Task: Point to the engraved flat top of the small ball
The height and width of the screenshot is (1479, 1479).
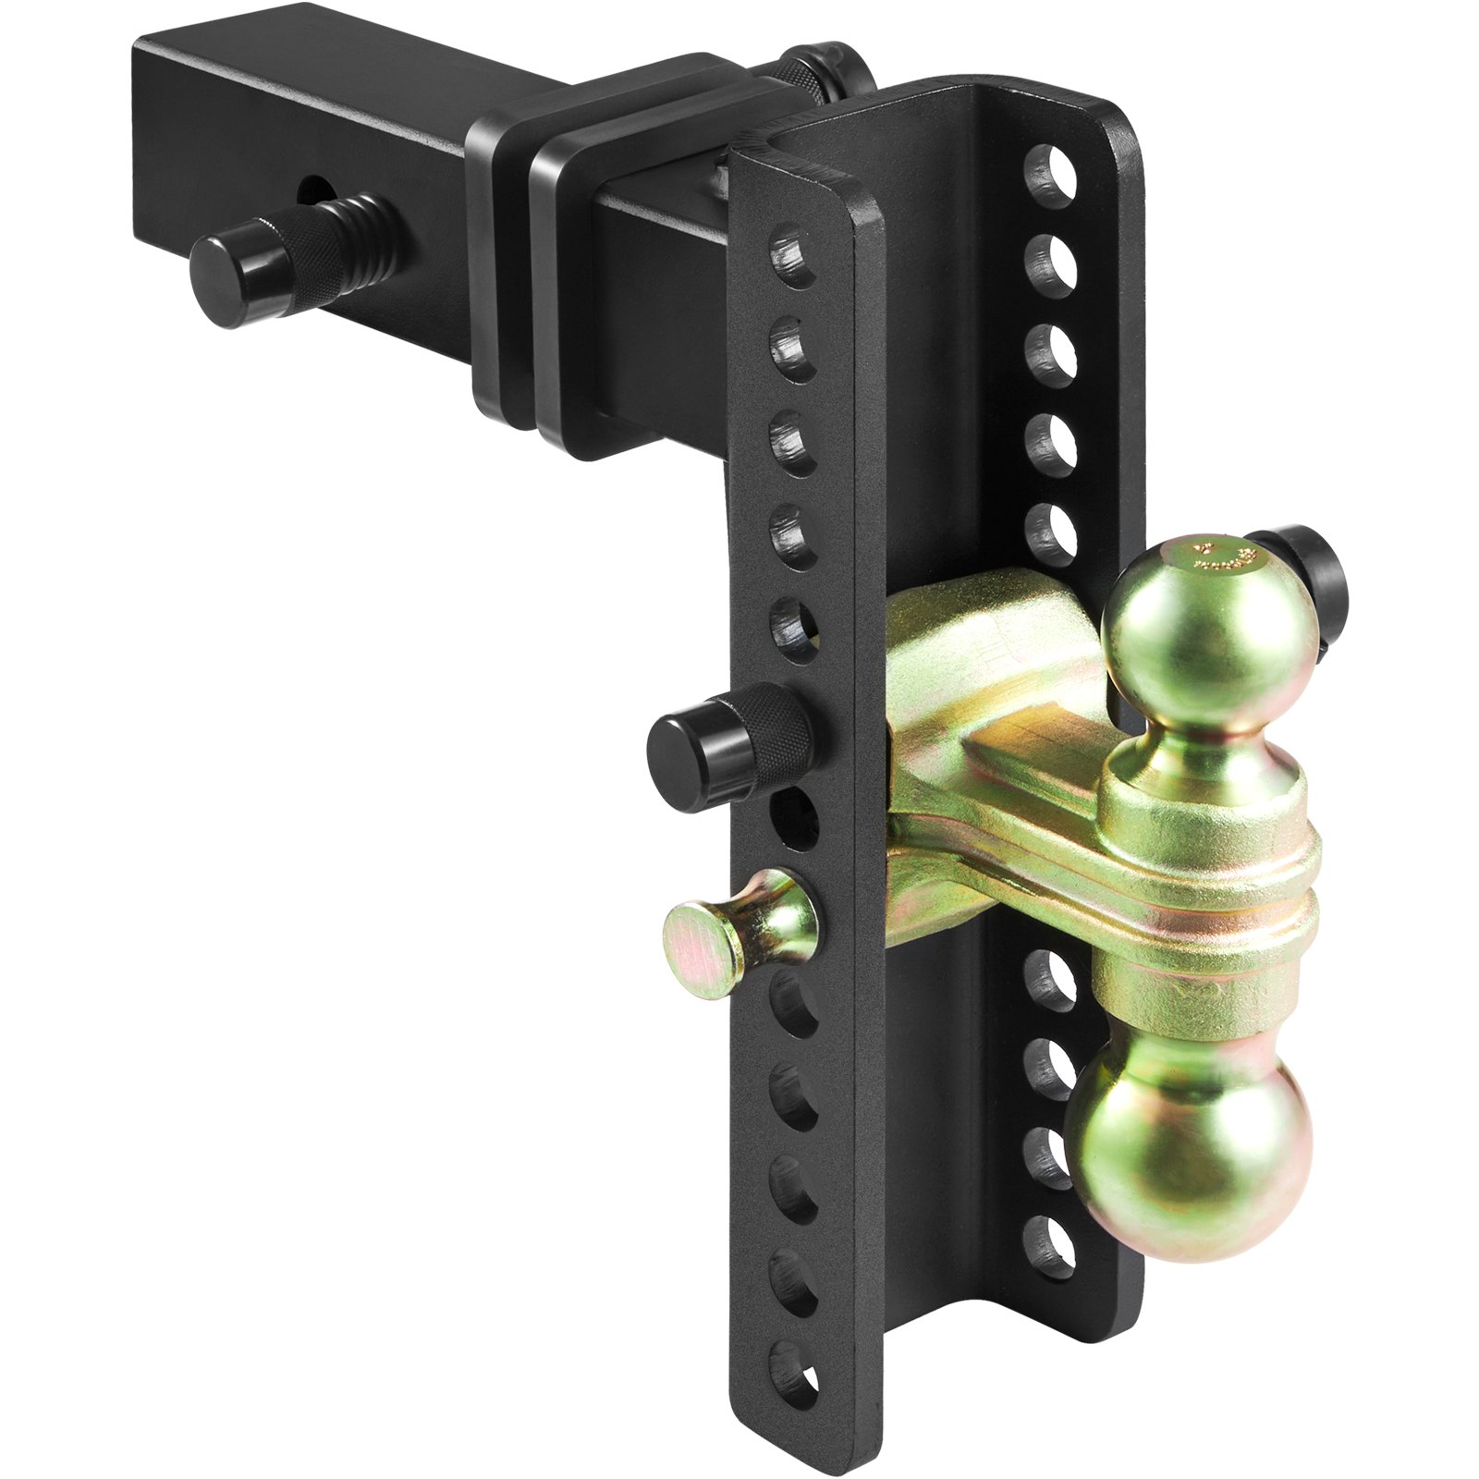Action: (1211, 559)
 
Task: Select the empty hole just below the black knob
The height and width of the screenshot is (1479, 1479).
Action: (795, 818)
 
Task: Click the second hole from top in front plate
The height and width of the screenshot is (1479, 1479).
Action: (795, 347)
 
